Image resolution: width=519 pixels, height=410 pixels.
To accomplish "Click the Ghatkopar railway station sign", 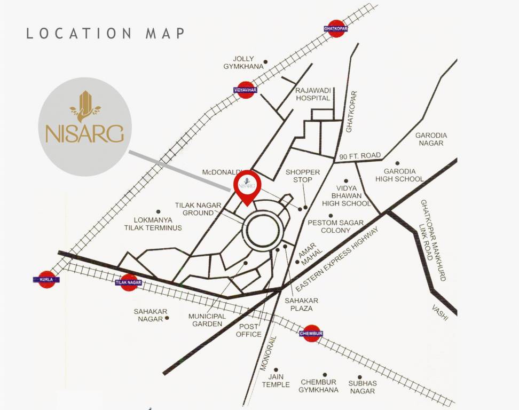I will tap(336, 28).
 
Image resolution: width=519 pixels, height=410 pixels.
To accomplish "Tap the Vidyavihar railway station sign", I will tap(245, 90).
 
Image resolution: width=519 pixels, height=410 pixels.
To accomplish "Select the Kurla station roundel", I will tap(48, 279).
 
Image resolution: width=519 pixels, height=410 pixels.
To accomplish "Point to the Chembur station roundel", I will tap(311, 333).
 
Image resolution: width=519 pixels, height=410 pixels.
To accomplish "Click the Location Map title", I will tap(106, 33).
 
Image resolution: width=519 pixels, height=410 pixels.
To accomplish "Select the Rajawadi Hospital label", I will tap(313, 94).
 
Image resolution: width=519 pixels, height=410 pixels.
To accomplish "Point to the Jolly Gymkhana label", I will tap(243, 62).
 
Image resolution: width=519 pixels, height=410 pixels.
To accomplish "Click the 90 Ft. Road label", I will tap(360, 156).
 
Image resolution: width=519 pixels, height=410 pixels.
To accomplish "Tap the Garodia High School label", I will tap(399, 175).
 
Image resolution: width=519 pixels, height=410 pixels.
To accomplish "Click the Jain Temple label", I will tap(276, 381).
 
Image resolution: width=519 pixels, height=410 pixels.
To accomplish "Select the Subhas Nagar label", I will tap(363, 387).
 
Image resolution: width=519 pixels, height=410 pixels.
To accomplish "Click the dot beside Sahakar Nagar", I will tap(167, 318).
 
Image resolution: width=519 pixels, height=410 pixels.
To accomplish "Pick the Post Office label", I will tap(249, 330).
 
